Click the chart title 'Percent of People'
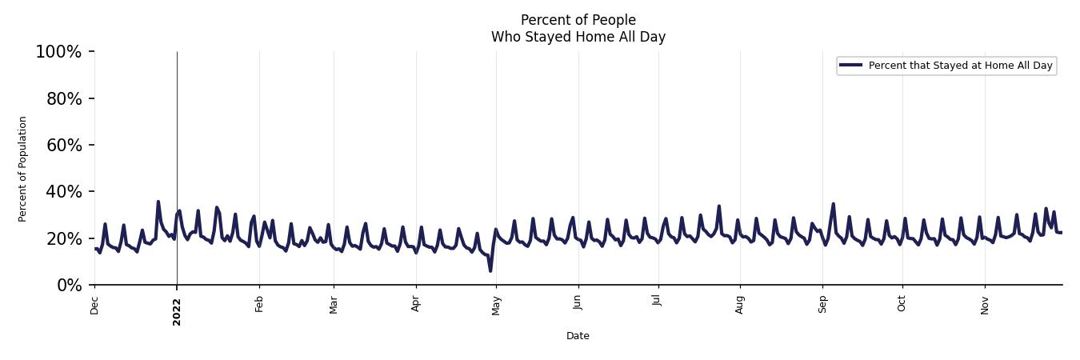(x=578, y=20)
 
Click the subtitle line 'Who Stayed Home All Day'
(x=578, y=37)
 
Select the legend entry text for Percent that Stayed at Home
(x=960, y=66)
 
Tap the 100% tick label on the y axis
(x=58, y=52)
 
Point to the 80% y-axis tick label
(x=62, y=98)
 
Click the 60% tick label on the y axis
(x=62, y=145)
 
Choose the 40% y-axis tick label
(x=62, y=192)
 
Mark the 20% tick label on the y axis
(x=62, y=238)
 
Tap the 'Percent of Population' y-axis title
(x=23, y=169)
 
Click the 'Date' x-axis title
(x=578, y=336)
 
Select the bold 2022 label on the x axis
(x=177, y=312)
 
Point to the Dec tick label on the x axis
(x=94, y=306)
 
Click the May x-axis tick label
(x=496, y=306)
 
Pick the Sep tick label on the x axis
(x=822, y=306)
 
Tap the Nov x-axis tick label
(x=985, y=306)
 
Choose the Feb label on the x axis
(x=259, y=305)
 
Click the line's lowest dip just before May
(x=490, y=270)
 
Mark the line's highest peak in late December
(x=158, y=202)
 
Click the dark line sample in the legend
(x=850, y=66)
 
